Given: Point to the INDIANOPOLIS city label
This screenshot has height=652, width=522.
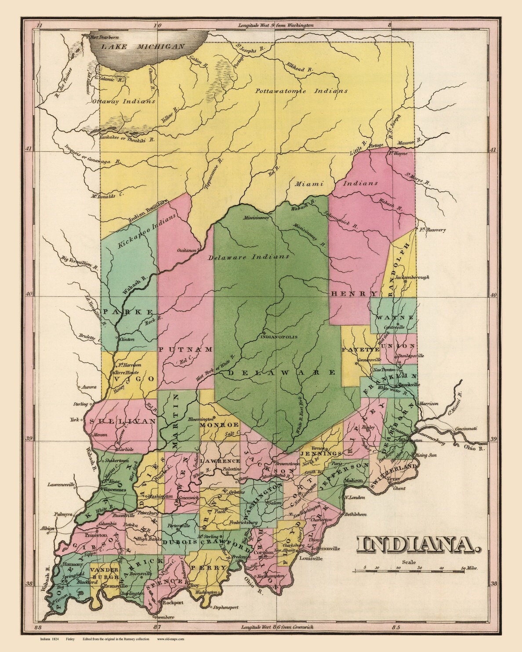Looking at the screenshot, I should click(x=279, y=337).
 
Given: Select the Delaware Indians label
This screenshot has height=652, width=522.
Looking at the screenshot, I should click(x=249, y=257).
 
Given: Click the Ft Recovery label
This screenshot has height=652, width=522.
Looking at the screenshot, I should click(x=432, y=230).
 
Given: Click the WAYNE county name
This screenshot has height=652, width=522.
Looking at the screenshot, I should click(x=395, y=317).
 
